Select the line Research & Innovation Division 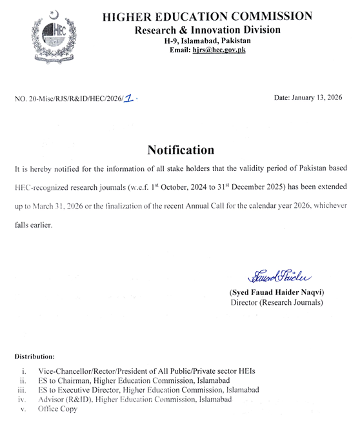(207, 30)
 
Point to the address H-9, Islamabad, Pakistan (207, 39)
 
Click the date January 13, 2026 (308, 97)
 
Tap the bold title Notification (180, 150)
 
